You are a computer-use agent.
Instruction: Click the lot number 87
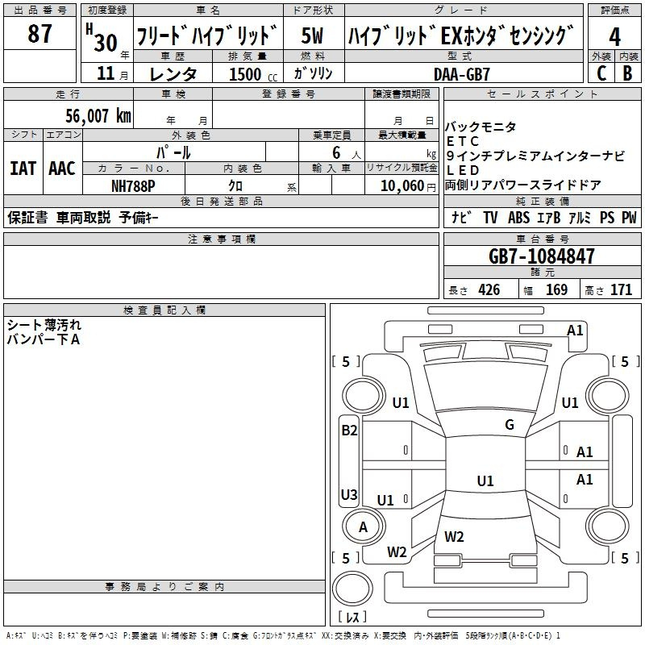tap(40, 35)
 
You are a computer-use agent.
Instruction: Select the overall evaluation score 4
tap(614, 37)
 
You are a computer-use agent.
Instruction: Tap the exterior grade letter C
tap(601, 73)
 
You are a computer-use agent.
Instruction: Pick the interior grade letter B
tap(627, 73)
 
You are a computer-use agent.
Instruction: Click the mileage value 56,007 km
tap(90, 116)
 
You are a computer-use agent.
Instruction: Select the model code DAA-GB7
tap(461, 73)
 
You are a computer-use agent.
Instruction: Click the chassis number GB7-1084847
tap(542, 257)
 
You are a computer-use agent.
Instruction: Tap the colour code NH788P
tap(133, 185)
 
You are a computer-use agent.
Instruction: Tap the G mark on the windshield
tap(510, 425)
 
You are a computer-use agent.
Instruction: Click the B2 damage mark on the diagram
tap(349, 431)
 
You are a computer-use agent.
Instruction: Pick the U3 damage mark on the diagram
tap(349, 495)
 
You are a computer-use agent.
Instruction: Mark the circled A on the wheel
tap(363, 526)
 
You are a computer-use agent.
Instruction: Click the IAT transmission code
tap(23, 169)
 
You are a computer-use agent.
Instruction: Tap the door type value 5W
tap(314, 36)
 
